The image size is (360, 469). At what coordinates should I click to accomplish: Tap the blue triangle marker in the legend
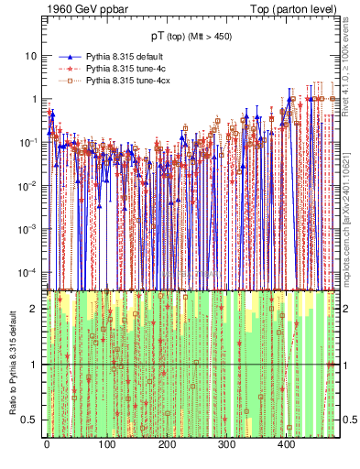(66, 56)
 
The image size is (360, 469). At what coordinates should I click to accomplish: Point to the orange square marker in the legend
(66, 82)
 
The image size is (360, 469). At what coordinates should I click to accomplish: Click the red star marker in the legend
(66, 69)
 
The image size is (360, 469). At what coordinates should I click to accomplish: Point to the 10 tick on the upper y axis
(30, 55)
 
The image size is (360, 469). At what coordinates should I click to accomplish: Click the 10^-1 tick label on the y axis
(27, 142)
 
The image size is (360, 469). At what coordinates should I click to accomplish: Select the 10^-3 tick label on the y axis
(27, 229)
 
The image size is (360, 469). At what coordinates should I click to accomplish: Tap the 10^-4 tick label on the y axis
(27, 272)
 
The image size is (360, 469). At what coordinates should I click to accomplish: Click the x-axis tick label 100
(106, 445)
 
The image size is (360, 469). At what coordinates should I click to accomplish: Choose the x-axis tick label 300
(226, 445)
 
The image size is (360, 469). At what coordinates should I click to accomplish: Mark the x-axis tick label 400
(286, 445)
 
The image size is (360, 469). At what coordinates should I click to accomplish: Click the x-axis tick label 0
(47, 445)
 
